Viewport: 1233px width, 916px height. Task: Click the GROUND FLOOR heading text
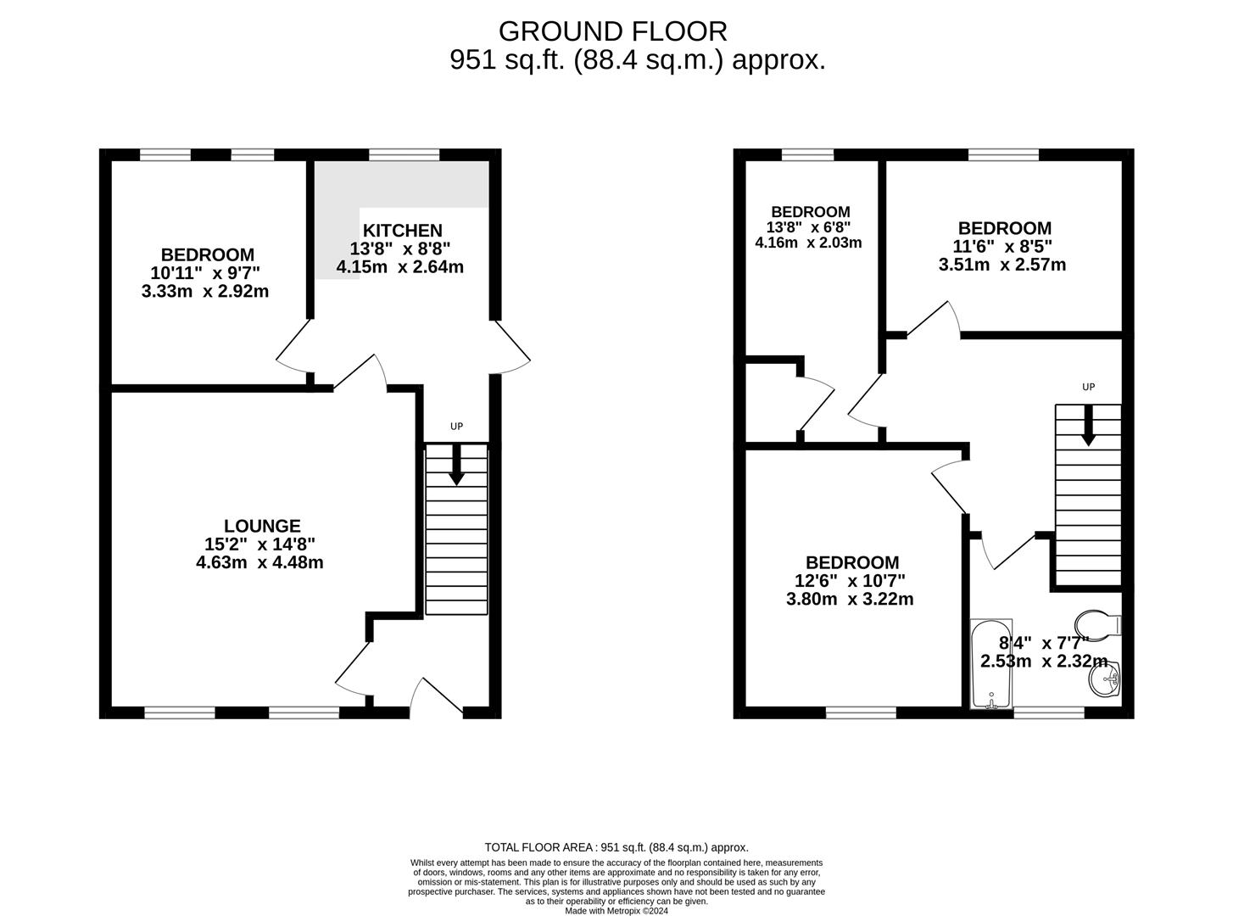click(x=612, y=31)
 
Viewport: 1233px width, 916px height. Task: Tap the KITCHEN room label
click(x=402, y=230)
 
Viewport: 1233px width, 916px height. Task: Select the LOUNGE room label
click(x=262, y=526)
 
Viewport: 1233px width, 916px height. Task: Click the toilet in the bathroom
click(x=1097, y=623)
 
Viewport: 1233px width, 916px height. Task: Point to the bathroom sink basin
click(x=1104, y=679)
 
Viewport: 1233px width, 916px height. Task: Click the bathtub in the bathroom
click(x=991, y=664)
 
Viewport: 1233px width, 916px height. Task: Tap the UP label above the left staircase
click(x=456, y=427)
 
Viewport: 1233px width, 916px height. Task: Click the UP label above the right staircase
click(x=1088, y=387)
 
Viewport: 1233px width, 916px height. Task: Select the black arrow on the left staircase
click(x=456, y=465)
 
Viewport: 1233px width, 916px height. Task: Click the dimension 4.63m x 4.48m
click(x=259, y=562)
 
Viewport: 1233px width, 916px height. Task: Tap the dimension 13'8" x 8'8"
click(x=399, y=249)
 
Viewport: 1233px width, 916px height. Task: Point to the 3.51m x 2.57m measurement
click(x=1002, y=264)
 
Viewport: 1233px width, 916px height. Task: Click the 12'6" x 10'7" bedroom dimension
click(x=850, y=581)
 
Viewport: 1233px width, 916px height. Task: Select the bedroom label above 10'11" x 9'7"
click(x=208, y=254)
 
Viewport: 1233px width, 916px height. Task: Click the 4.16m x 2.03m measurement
click(x=808, y=243)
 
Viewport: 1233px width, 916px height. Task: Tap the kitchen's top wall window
click(x=404, y=154)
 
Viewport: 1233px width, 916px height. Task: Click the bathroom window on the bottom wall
click(x=1049, y=712)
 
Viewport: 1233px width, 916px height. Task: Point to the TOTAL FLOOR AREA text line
click(x=616, y=847)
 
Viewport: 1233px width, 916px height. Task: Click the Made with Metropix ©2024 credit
click(x=616, y=911)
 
